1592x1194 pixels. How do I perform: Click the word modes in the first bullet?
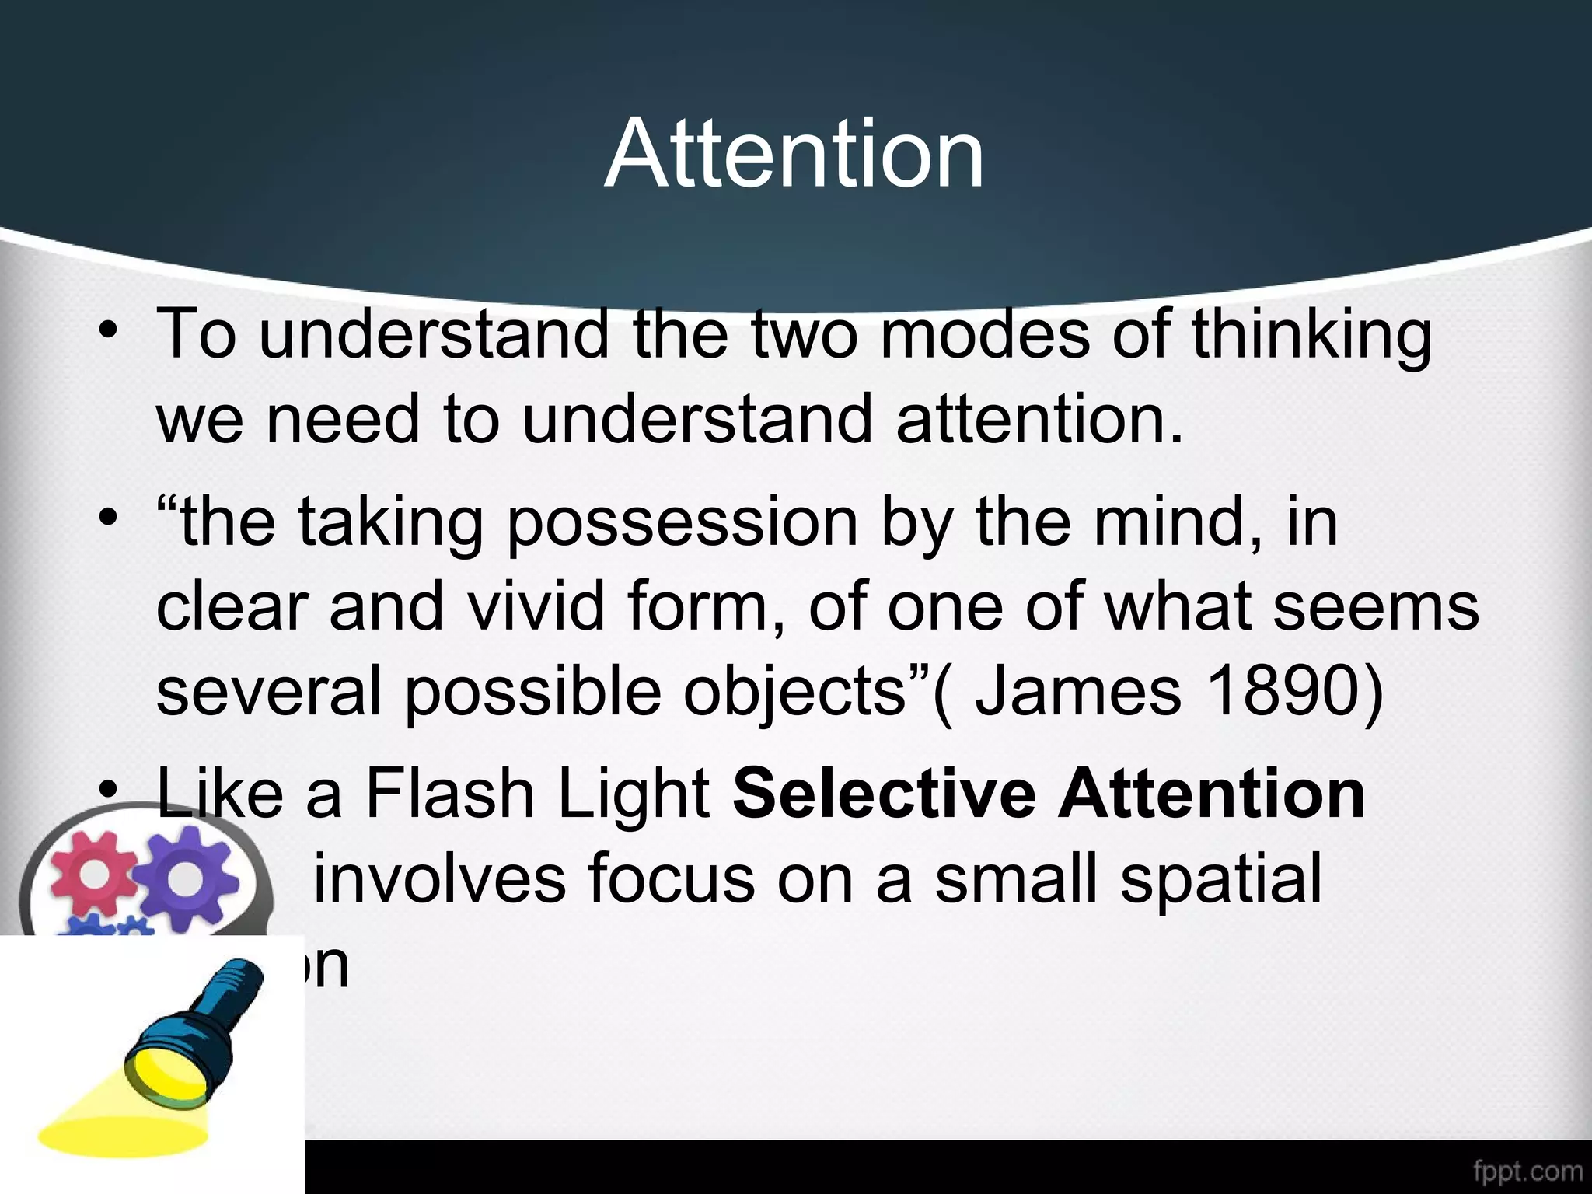pyautogui.click(x=985, y=336)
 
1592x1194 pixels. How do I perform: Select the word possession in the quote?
pyautogui.click(x=683, y=522)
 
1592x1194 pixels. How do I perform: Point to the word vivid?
pyautogui.click(x=536, y=607)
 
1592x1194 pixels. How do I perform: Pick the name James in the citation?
pyautogui.click(x=1077, y=691)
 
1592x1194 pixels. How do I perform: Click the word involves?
pyautogui.click(x=440, y=879)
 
